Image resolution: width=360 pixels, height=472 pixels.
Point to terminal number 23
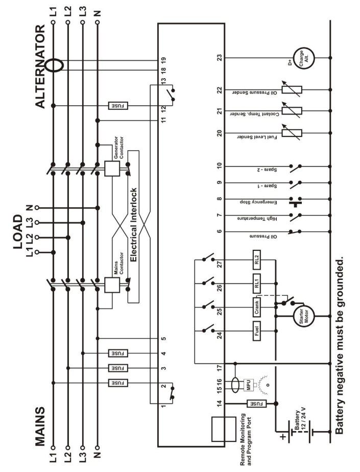220,58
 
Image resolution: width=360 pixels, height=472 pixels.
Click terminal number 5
163,339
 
